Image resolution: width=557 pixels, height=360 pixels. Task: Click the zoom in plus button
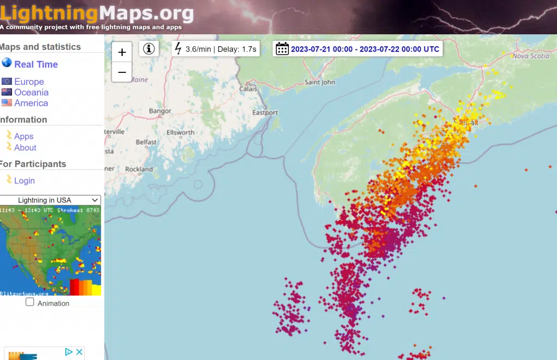[x=122, y=53]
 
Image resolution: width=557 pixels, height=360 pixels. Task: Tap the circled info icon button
[x=149, y=48]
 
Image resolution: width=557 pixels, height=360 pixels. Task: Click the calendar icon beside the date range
[x=282, y=48]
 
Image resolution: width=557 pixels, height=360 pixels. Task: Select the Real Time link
[x=36, y=64]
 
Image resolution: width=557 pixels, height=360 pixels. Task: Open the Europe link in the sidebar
[x=29, y=82]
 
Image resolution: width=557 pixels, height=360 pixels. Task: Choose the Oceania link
[x=31, y=92]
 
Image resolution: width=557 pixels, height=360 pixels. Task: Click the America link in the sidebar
[x=31, y=103]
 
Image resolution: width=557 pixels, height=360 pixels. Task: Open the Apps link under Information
[x=24, y=136]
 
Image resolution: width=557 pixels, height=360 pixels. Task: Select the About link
[x=25, y=147]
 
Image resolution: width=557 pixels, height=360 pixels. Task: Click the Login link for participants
[x=24, y=181]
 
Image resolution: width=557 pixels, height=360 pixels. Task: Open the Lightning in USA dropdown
[x=51, y=200]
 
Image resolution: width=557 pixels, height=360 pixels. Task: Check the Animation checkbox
[x=30, y=302]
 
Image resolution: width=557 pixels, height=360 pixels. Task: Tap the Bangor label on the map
[x=160, y=111]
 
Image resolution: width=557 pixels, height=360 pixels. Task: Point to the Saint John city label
[x=320, y=83]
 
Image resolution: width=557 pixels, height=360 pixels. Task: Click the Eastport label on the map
[x=265, y=113]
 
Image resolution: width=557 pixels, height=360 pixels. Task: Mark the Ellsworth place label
[x=181, y=132]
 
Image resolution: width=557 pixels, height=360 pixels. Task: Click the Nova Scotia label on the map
[x=531, y=56]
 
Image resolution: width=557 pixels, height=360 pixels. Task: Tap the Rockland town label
[x=139, y=169]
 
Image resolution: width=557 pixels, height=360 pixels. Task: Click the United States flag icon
[x=7, y=103]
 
